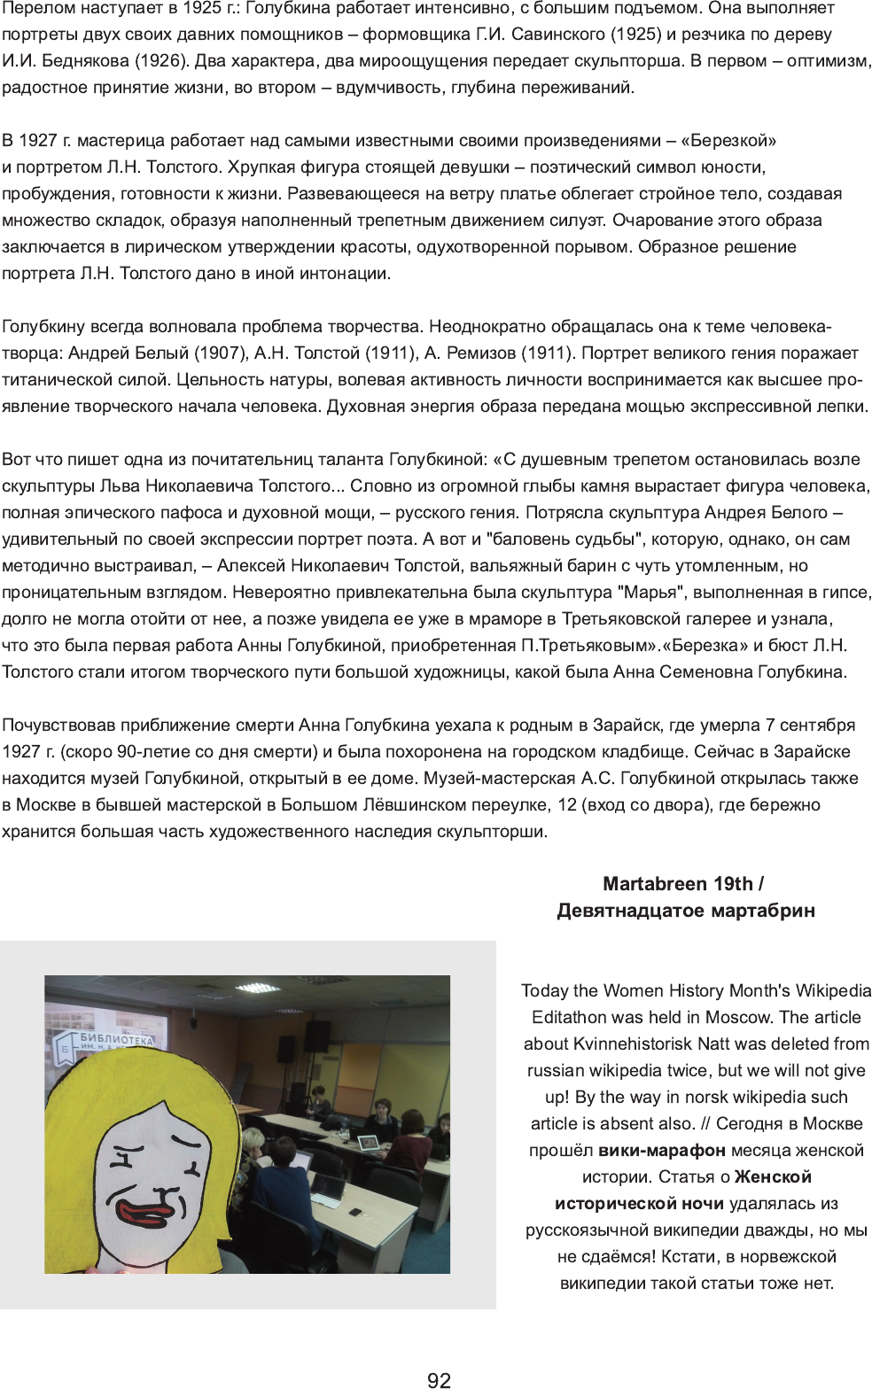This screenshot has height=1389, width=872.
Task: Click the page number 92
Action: [x=439, y=1379]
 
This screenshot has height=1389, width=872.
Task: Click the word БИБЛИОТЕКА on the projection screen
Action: [x=116, y=1038]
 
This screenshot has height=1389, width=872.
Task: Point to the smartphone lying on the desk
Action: [x=355, y=1211]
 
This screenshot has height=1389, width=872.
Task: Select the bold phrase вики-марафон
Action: [x=662, y=1150]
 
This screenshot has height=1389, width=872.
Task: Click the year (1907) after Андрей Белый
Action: [x=220, y=353]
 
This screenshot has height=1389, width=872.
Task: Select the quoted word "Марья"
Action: [x=650, y=593]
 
